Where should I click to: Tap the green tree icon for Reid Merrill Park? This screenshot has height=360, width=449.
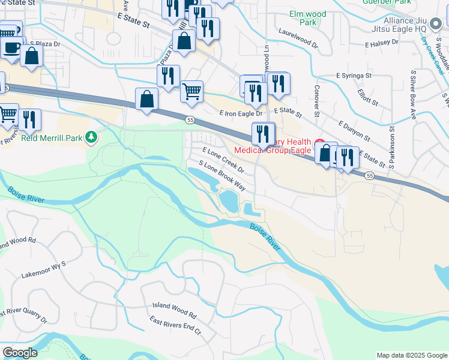point(91,138)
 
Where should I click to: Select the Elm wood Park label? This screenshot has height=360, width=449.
point(307,18)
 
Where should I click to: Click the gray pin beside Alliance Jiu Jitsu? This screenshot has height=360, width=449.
point(436,22)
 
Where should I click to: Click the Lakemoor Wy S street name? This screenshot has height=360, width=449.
point(43,268)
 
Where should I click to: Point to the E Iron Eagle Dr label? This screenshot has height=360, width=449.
point(241,113)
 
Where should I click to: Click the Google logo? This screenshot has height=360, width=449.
point(20,353)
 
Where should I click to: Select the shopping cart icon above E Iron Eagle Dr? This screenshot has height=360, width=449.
point(191,91)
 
